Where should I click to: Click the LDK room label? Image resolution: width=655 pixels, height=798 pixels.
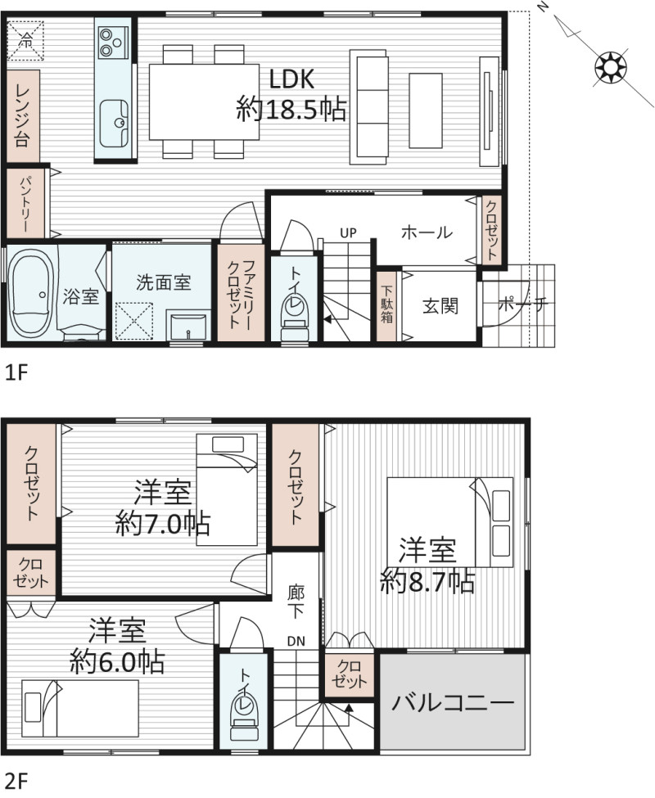click(x=291, y=79)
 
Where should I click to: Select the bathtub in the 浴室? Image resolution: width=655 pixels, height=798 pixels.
click(x=32, y=294)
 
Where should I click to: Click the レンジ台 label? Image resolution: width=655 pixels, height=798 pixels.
click(x=23, y=116)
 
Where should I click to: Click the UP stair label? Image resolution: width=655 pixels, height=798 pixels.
click(x=348, y=233)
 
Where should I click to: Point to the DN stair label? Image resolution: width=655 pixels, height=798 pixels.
click(x=296, y=641)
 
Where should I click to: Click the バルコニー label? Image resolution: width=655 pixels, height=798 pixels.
click(x=453, y=703)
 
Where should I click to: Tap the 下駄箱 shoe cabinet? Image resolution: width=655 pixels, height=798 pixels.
click(x=386, y=306)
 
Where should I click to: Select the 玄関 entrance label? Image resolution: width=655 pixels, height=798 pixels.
click(x=440, y=306)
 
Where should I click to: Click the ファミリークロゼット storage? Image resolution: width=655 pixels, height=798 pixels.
click(x=241, y=293)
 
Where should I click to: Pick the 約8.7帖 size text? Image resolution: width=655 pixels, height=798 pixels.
click(x=427, y=582)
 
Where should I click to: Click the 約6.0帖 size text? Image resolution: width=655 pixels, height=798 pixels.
click(x=117, y=661)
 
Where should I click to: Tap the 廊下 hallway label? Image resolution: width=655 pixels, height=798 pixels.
click(x=296, y=602)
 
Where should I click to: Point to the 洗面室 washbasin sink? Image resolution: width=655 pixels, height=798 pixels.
click(x=188, y=327)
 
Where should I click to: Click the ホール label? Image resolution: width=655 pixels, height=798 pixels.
click(x=427, y=232)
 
